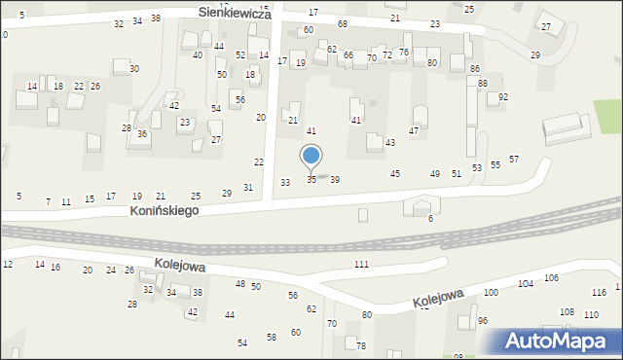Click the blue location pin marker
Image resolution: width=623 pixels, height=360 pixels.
pyautogui.click(x=311, y=157)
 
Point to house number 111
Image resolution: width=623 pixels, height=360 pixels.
pyautogui.click(x=361, y=265)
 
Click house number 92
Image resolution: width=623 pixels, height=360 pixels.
pyautogui.click(x=502, y=97)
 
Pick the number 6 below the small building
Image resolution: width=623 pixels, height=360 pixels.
pyautogui.click(x=430, y=218)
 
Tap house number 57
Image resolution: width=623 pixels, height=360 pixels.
pyautogui.click(x=514, y=159)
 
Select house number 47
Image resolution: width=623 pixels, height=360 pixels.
pyautogui.click(x=414, y=130)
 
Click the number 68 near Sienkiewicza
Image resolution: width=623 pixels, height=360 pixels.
pyautogui.click(x=342, y=23)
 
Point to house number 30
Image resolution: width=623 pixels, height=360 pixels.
pyautogui.click(x=134, y=68)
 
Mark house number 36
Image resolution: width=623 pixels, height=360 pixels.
pyautogui.click(x=142, y=134)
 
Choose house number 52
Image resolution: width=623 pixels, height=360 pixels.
pyautogui.click(x=240, y=55)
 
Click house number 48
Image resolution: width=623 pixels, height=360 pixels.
pyautogui.click(x=240, y=283)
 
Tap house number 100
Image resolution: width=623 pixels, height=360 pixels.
pyautogui.click(x=491, y=292)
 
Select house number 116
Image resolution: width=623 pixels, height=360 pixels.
pyautogui.click(x=599, y=292)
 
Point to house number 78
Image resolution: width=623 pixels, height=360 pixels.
pyautogui.click(x=361, y=346)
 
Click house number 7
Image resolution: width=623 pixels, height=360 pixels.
pyautogui.click(x=48, y=201)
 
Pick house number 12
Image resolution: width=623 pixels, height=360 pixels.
pyautogui.click(x=8, y=265)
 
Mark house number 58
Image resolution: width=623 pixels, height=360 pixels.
pyautogui.click(x=272, y=337)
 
